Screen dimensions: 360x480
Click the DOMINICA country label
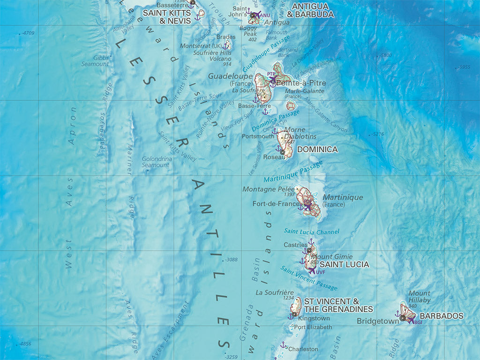click(317, 150)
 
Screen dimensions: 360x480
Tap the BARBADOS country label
click(441, 316)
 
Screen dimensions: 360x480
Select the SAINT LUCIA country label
click(344, 264)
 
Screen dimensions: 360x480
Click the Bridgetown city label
click(378, 321)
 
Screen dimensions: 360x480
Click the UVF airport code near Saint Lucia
click(320, 272)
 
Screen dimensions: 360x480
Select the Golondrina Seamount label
click(157, 162)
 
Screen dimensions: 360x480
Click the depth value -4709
click(28, 33)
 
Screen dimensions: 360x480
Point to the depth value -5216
click(376, 134)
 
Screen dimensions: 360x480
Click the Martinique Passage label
click(293, 172)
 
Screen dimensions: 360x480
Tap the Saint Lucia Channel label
click(311, 232)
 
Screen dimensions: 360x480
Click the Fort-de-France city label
click(276, 204)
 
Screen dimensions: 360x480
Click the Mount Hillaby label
click(420, 296)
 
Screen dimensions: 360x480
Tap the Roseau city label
click(274, 157)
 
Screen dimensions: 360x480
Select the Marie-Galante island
click(291, 105)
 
